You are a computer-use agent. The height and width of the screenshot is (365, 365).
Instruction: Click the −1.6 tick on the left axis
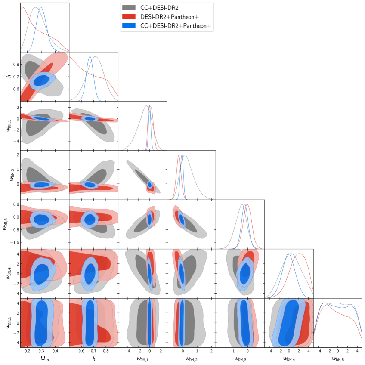pos(12,242)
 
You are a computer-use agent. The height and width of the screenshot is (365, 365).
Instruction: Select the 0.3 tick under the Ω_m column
pos(40,351)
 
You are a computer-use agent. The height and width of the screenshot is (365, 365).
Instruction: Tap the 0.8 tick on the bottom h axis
pos(105,351)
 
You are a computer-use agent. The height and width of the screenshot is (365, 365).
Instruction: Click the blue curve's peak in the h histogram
pos(90,56)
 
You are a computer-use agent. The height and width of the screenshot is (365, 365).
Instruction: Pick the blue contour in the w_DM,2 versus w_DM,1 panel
pos(150,185)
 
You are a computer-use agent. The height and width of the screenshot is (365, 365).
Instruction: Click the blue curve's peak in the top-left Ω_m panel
pos(40,7)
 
